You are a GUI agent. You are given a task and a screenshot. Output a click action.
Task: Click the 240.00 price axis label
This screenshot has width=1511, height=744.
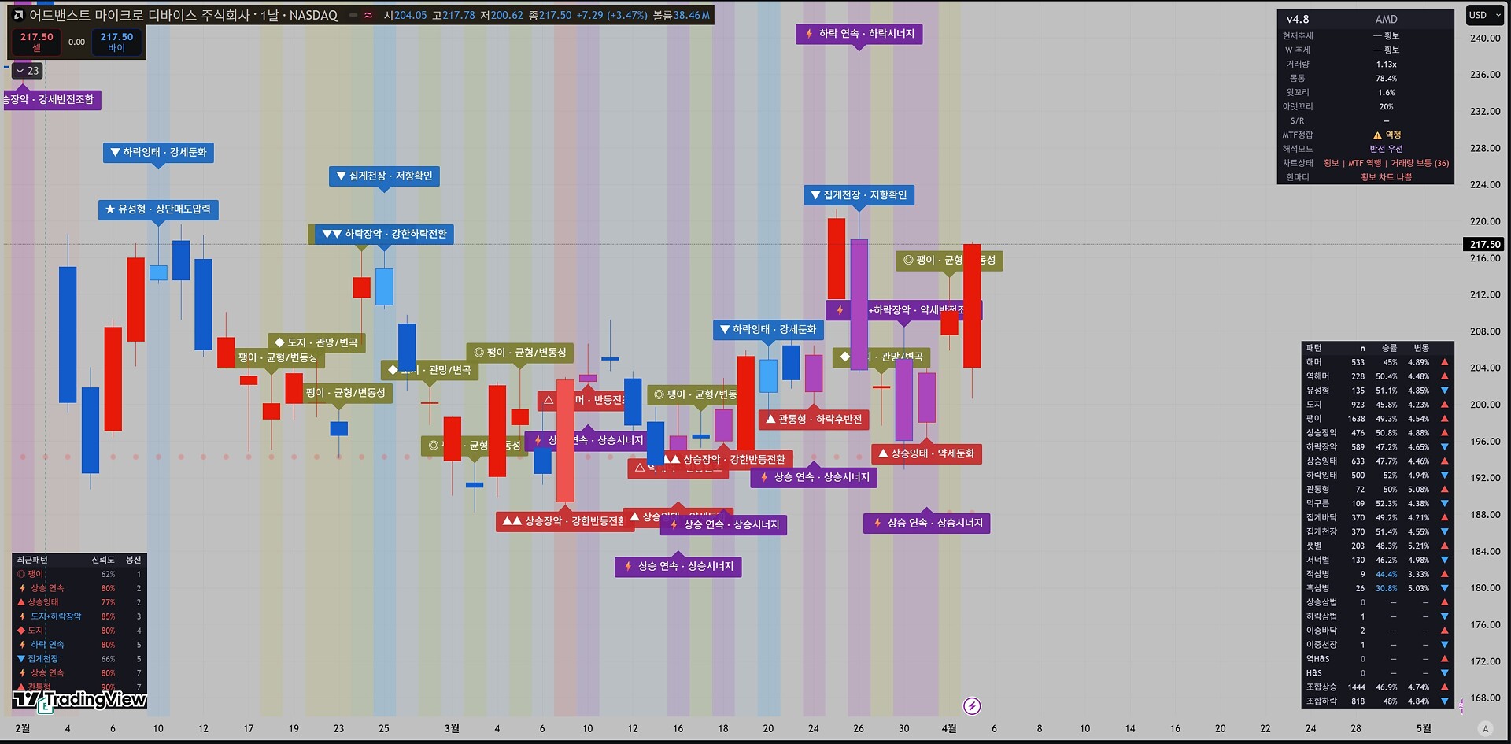click(1484, 38)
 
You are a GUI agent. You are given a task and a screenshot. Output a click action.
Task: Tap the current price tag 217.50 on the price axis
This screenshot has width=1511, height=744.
click(1484, 244)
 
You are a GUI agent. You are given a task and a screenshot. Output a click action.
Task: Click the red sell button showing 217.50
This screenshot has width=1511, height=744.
click(36, 42)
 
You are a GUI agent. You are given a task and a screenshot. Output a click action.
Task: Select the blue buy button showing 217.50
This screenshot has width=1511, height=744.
click(116, 42)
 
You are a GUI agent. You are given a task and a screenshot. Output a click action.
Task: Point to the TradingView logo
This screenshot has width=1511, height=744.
click(79, 699)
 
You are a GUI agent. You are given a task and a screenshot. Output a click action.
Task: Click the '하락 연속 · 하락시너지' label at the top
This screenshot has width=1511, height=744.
click(859, 34)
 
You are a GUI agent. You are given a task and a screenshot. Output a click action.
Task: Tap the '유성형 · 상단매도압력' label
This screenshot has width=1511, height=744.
click(158, 209)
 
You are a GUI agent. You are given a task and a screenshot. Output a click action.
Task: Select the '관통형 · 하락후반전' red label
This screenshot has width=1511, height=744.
click(814, 420)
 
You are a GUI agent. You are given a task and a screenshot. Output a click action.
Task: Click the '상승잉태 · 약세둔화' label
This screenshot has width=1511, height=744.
click(926, 453)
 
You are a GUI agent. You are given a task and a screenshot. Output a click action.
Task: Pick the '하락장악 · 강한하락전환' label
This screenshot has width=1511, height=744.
click(385, 234)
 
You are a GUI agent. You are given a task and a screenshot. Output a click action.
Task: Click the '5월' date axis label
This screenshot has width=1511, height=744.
click(1424, 728)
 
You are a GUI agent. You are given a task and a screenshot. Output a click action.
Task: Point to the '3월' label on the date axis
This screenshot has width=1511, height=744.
click(452, 728)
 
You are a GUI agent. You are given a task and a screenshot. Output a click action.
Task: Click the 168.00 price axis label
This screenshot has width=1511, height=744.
click(1484, 698)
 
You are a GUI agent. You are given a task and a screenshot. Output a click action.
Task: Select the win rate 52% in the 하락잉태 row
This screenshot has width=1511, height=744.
click(1390, 476)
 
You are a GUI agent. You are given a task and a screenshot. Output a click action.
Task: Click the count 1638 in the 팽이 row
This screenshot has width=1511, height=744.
click(1356, 419)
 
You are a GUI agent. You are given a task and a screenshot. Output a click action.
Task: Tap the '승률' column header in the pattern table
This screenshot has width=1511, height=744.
click(1389, 348)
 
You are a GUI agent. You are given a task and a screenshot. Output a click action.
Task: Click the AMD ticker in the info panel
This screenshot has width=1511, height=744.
click(1386, 19)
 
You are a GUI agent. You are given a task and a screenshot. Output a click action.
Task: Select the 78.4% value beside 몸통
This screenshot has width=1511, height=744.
click(1386, 79)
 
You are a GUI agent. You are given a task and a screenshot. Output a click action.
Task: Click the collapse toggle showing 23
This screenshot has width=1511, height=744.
click(28, 71)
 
